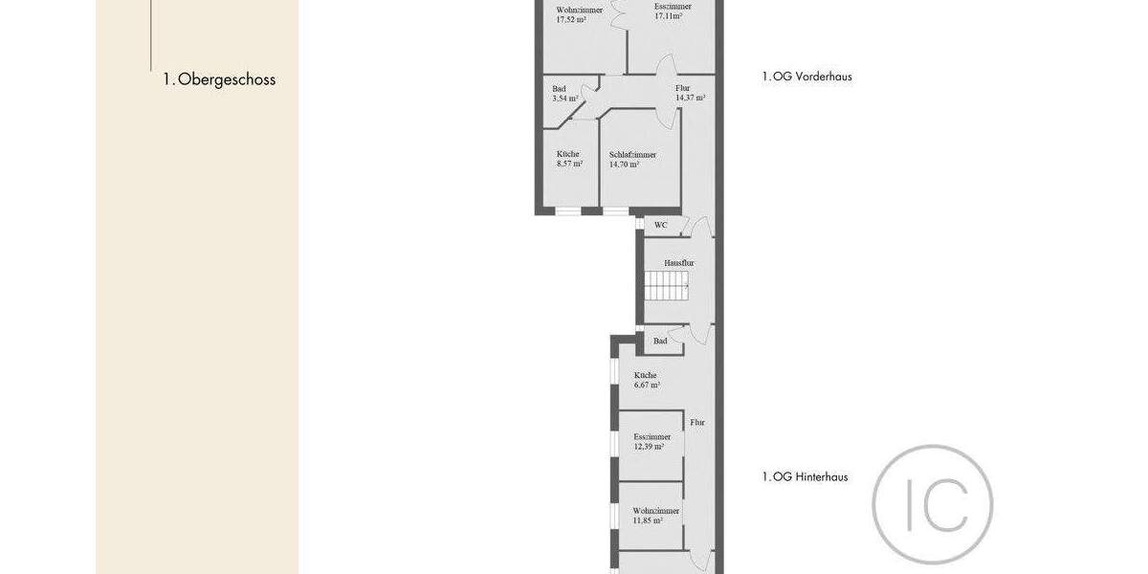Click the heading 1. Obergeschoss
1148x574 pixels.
(x=219, y=79)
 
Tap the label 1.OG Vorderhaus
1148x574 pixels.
(x=806, y=77)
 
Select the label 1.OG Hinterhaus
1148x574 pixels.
(x=805, y=476)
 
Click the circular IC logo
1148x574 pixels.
(x=933, y=504)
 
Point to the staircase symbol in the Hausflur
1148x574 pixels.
(x=666, y=285)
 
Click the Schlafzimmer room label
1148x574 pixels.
(x=632, y=154)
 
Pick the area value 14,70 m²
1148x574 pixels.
(x=625, y=165)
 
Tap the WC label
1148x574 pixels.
(x=661, y=226)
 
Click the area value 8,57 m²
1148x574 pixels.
(x=569, y=165)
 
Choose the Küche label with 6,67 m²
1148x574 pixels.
(x=645, y=375)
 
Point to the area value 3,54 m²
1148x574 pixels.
(x=565, y=99)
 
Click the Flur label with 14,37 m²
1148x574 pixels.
(x=682, y=88)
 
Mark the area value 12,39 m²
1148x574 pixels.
(x=649, y=447)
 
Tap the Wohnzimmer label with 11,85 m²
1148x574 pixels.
(x=656, y=511)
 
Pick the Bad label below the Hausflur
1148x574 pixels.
(x=660, y=341)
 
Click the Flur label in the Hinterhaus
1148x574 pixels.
(x=698, y=422)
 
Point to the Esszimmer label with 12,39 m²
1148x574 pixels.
(x=651, y=436)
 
